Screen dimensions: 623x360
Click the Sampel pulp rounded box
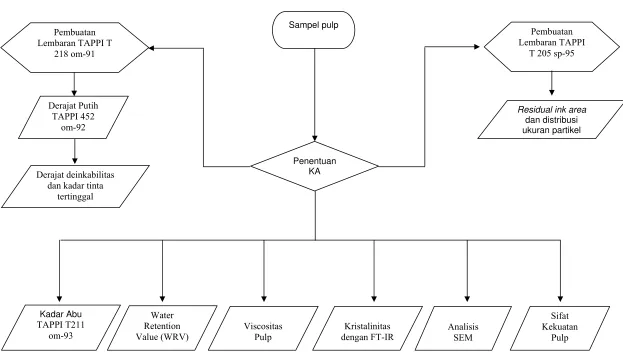[x=313, y=30]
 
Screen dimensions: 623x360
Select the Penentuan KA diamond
[x=315, y=166]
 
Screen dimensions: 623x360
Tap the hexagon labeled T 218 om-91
[x=75, y=47]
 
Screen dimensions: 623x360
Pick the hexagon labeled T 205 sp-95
[x=551, y=46]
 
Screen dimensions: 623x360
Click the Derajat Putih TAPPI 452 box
[x=74, y=117]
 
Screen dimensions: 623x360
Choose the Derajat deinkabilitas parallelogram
[x=75, y=186]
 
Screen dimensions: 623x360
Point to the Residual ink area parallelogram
[x=551, y=119]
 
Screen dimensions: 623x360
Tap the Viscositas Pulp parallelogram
[x=263, y=328]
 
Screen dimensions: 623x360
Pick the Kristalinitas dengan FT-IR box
[x=368, y=328]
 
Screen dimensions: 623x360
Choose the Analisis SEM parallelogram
[x=463, y=328]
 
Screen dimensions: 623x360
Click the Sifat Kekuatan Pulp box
[x=560, y=328]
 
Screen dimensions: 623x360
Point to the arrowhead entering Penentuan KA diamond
[x=315, y=139]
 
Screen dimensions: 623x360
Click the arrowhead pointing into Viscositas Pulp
[x=264, y=298]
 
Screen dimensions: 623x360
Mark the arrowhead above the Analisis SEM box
[x=467, y=298]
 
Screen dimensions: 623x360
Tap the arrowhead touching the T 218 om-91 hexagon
[x=151, y=48]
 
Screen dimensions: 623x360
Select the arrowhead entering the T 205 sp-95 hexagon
[x=477, y=46]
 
